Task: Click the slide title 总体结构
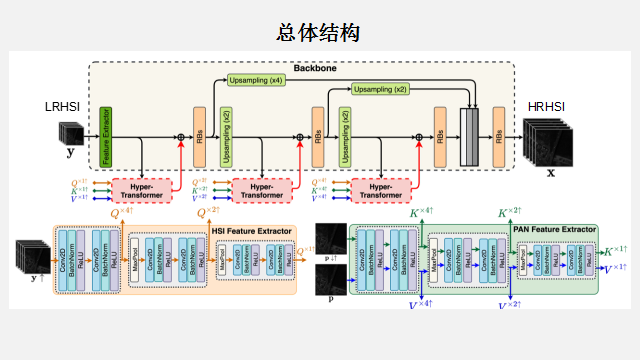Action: pos(319,33)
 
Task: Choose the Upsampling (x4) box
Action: pos(255,79)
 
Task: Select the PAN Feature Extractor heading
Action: pos(553,229)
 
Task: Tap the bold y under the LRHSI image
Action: pos(69,153)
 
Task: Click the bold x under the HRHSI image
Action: pos(550,171)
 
